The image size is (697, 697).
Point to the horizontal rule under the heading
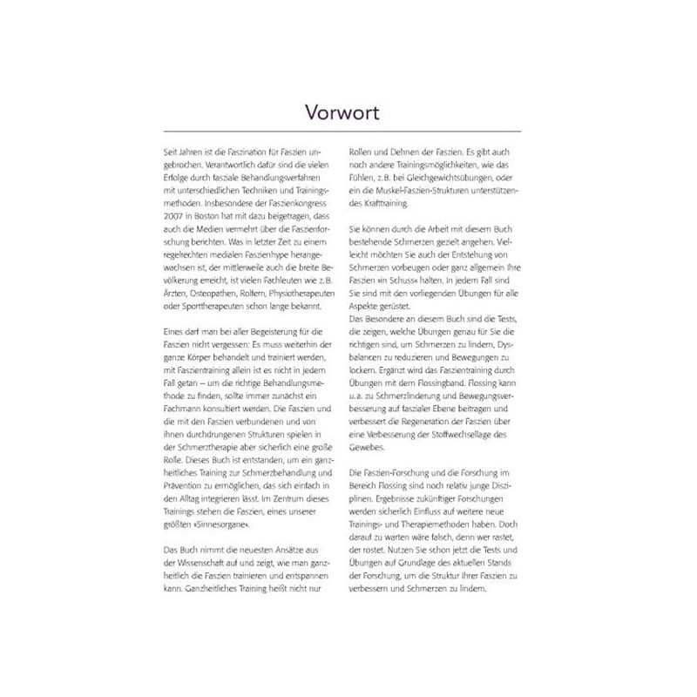tap(347, 131)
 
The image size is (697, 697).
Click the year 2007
tap(162, 215)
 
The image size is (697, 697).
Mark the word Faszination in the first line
tap(240, 151)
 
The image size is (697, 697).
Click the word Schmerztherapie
tap(193, 450)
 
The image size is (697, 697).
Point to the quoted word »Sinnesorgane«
tap(212, 528)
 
